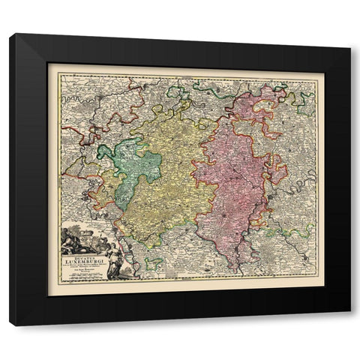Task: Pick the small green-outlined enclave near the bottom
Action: click(x=154, y=262)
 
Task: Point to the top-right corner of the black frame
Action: click(x=349, y=34)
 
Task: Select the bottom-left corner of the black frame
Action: click(x=10, y=325)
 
